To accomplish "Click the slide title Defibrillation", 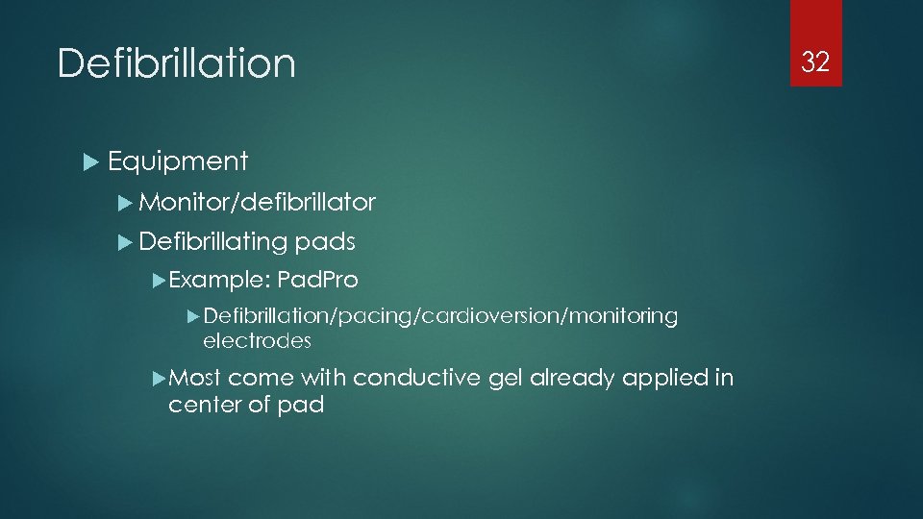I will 177,64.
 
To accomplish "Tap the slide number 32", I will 815,62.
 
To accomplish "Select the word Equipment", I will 178,161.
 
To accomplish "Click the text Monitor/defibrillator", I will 257,202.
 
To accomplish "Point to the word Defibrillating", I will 212,241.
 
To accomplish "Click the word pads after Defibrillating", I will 325,241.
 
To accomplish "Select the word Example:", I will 218,281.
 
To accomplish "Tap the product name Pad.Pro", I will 317,281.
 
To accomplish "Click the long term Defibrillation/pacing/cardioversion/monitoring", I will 440,316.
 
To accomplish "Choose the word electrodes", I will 258,340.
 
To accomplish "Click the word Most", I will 195,378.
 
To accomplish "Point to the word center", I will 202,405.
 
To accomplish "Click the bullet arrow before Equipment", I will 91,162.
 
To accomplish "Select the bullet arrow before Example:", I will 160,281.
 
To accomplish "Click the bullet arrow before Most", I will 160,378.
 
